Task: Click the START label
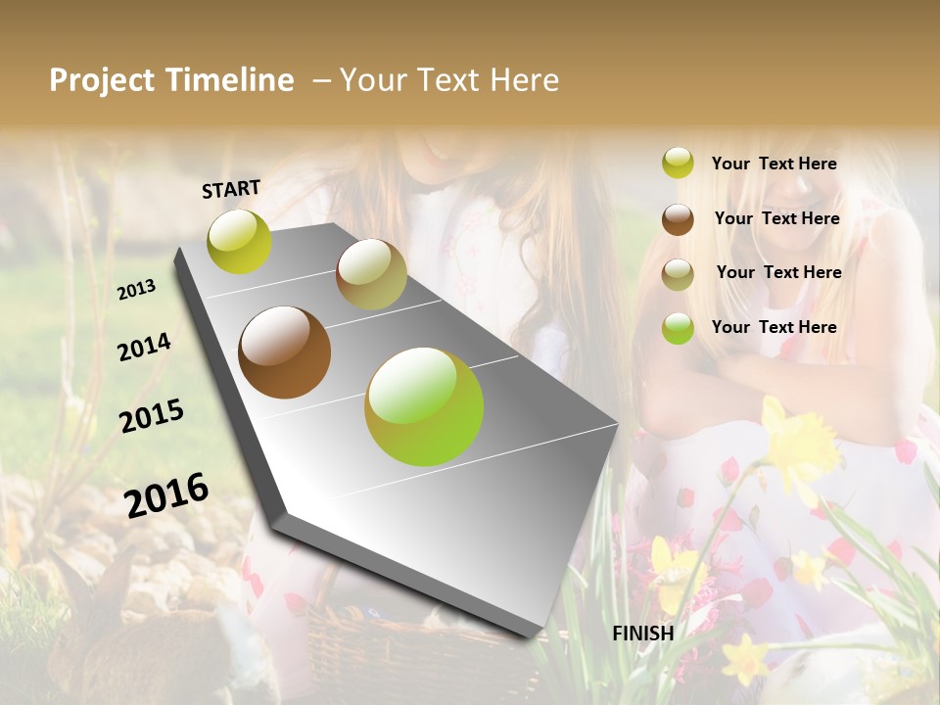coord(231,189)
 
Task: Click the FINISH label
coord(643,633)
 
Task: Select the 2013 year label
coord(137,290)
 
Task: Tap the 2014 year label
coord(144,347)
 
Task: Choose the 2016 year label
coord(167,494)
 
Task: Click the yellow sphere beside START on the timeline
coord(239,241)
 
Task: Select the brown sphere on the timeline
coord(285,352)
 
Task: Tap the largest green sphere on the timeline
coord(424,406)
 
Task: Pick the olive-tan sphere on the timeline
coord(371,274)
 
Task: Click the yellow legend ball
coord(678,164)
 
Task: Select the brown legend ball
coord(678,219)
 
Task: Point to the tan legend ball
coord(678,274)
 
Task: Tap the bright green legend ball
coord(678,328)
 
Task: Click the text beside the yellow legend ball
coord(774,164)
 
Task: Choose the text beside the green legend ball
coord(774,327)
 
